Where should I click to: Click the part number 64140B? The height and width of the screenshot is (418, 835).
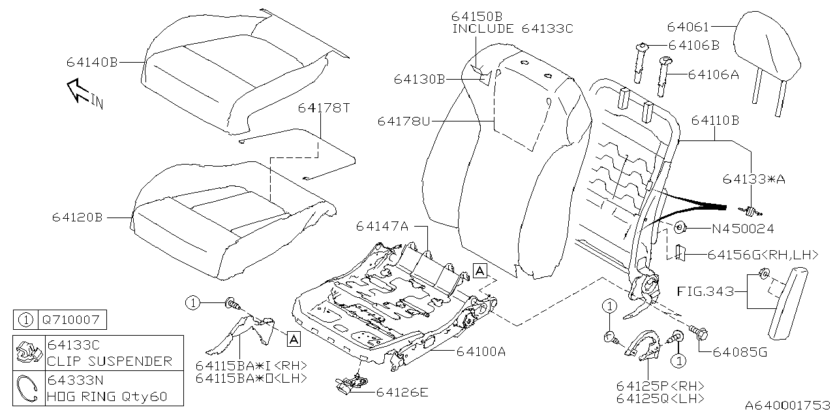(x=91, y=63)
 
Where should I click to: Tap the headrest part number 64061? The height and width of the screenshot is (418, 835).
(x=688, y=27)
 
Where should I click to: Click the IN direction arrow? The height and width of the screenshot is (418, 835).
(x=78, y=91)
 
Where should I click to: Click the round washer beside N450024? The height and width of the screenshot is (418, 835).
(x=678, y=229)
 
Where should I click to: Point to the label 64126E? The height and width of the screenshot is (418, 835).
(x=402, y=392)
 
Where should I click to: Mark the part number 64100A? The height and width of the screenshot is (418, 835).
(x=481, y=352)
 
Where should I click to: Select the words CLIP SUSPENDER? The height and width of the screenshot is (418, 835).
(x=110, y=361)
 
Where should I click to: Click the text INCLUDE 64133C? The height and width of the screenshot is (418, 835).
(x=513, y=28)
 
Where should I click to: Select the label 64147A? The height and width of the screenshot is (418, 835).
(x=382, y=226)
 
